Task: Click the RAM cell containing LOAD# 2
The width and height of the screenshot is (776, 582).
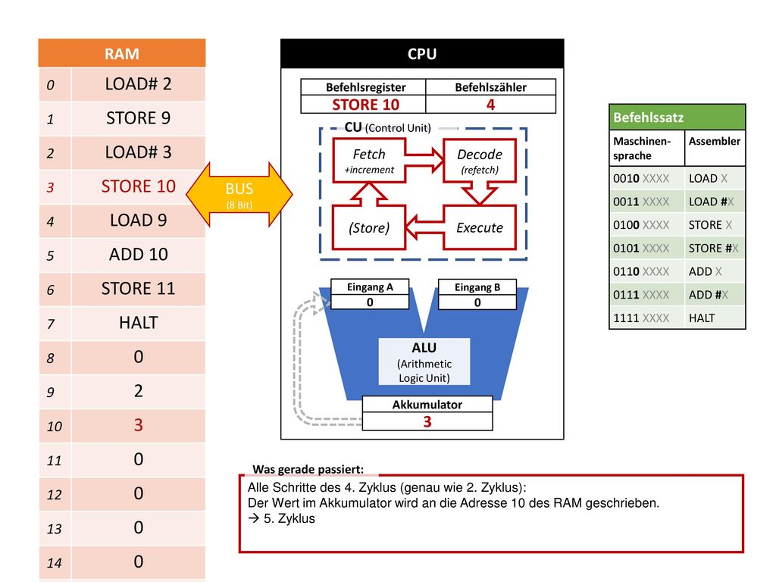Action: point(138,84)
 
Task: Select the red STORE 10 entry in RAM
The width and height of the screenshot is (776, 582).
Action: point(138,186)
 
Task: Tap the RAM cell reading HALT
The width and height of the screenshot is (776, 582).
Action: point(138,323)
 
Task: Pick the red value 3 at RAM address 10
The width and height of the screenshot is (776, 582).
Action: point(138,426)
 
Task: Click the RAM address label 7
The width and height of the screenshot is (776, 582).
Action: point(51,324)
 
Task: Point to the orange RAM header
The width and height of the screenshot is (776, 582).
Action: point(122,53)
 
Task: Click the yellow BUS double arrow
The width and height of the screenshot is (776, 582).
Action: point(239,195)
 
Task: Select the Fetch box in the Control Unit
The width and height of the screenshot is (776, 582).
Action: point(369,161)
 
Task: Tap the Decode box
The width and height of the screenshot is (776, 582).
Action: point(480,161)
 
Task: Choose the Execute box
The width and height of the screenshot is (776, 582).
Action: point(480,227)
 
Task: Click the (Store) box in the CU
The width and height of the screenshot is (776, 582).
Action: point(369,227)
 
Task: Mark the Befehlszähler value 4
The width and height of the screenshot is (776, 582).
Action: point(490,105)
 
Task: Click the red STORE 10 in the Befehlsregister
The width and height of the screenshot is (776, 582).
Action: point(365,105)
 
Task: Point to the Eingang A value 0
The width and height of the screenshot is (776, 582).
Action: point(370,302)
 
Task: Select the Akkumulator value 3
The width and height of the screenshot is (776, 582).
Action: point(427,421)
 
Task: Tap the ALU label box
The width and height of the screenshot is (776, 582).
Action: point(424,361)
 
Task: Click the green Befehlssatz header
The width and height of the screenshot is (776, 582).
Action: point(677,117)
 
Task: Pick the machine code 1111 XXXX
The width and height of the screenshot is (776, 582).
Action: point(641,318)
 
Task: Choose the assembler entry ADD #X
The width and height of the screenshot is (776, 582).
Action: point(709,295)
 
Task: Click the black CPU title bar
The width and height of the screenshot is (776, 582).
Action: point(422,54)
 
